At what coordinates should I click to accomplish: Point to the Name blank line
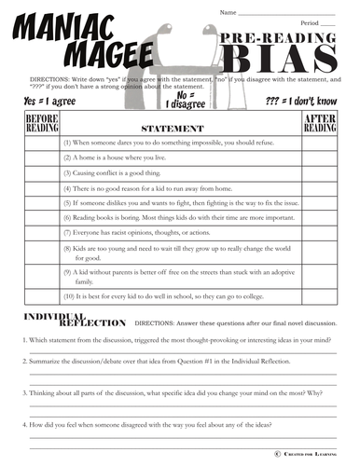click(x=289, y=13)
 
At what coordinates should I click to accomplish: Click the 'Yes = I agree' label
click(x=44, y=98)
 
